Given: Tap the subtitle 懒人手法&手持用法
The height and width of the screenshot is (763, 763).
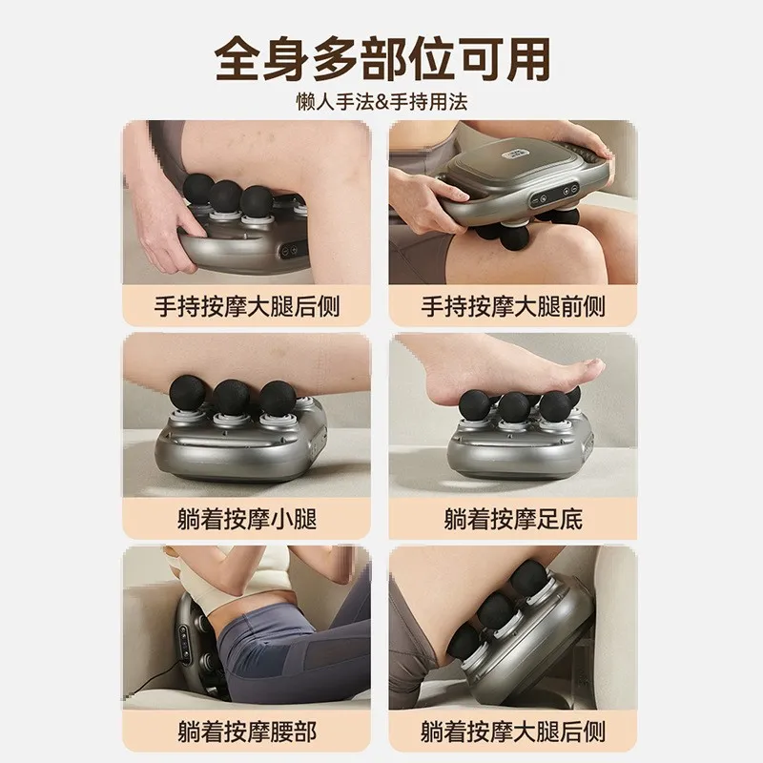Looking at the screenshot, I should tap(381, 99).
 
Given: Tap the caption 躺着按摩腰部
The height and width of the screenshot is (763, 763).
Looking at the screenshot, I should tap(247, 732).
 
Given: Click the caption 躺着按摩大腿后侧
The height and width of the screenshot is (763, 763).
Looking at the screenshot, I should tap(514, 732).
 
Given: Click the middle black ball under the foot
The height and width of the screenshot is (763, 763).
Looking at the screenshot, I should tap(515, 405).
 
